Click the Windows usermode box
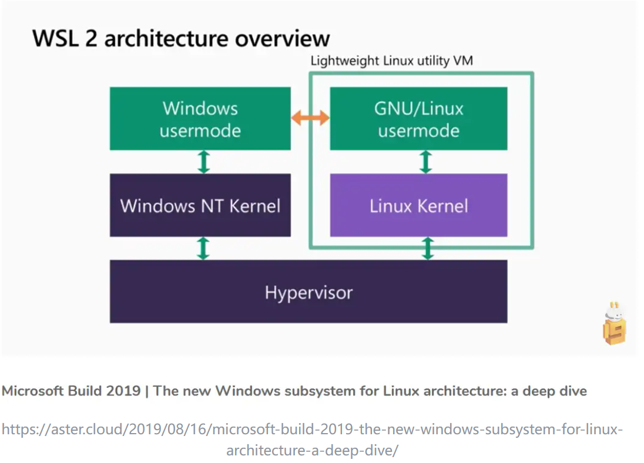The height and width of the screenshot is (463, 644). coord(200,119)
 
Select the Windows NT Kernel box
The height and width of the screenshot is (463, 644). coord(200,205)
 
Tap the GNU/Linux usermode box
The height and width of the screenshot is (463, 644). coord(418,119)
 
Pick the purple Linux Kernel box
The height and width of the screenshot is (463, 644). coord(418,205)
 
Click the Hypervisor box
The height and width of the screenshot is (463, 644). coord(308,292)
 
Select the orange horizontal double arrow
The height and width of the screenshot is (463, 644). coord(310,118)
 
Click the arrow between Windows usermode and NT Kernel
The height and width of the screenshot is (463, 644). coord(203,161)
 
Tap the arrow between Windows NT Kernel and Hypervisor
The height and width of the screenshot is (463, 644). coord(203,248)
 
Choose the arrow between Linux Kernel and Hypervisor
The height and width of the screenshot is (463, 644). coord(428,248)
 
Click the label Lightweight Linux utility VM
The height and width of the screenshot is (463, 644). coord(391,60)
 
